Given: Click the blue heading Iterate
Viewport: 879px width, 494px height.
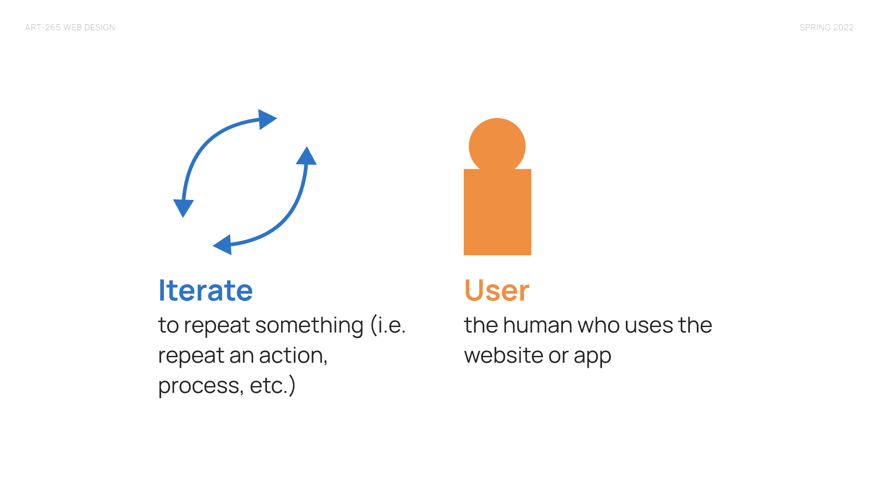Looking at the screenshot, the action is (205, 290).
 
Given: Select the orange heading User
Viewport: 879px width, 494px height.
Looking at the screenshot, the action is (497, 290).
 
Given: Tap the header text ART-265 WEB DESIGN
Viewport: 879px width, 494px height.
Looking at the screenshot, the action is (70, 27).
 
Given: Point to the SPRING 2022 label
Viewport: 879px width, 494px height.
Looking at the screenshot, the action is (826, 27).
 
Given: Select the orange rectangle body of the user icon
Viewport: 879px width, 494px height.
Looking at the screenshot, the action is (498, 212).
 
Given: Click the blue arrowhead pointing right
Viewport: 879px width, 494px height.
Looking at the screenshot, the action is (267, 119).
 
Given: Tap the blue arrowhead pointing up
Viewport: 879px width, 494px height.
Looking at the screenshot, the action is (306, 156).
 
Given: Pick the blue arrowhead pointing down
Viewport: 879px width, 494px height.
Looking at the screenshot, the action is (183, 208).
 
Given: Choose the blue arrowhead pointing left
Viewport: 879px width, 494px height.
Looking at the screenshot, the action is (222, 245).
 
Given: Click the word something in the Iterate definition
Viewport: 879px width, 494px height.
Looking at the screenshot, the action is (309, 326).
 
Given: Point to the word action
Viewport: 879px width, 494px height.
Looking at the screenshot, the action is (293, 355).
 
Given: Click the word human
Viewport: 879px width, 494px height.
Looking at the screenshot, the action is (537, 325).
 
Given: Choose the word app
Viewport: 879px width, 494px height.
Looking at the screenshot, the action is (592, 356).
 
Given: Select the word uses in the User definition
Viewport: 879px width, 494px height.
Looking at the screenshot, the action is (649, 326).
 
